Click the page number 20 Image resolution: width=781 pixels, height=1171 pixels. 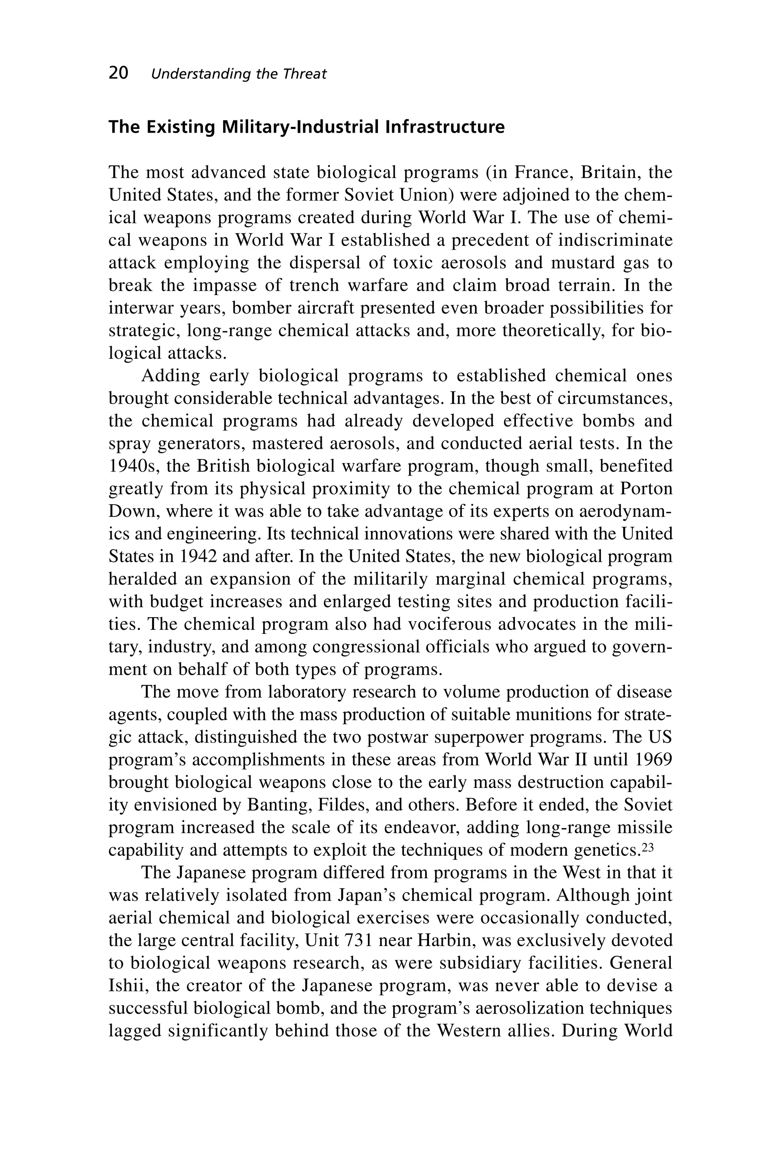pos(119,73)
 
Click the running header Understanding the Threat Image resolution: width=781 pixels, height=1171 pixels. pos(239,74)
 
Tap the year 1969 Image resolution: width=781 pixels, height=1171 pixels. pos(654,760)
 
